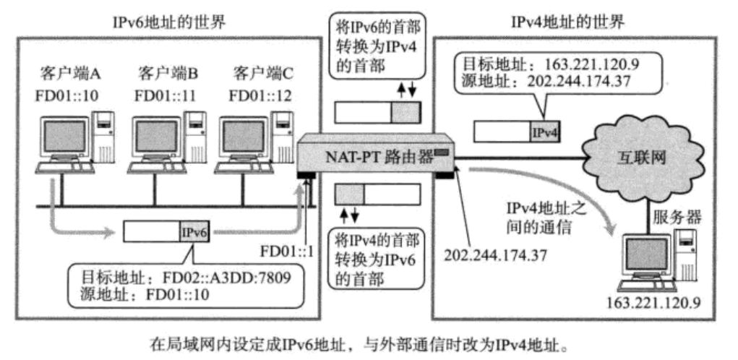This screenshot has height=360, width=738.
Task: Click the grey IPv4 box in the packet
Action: click(546, 132)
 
